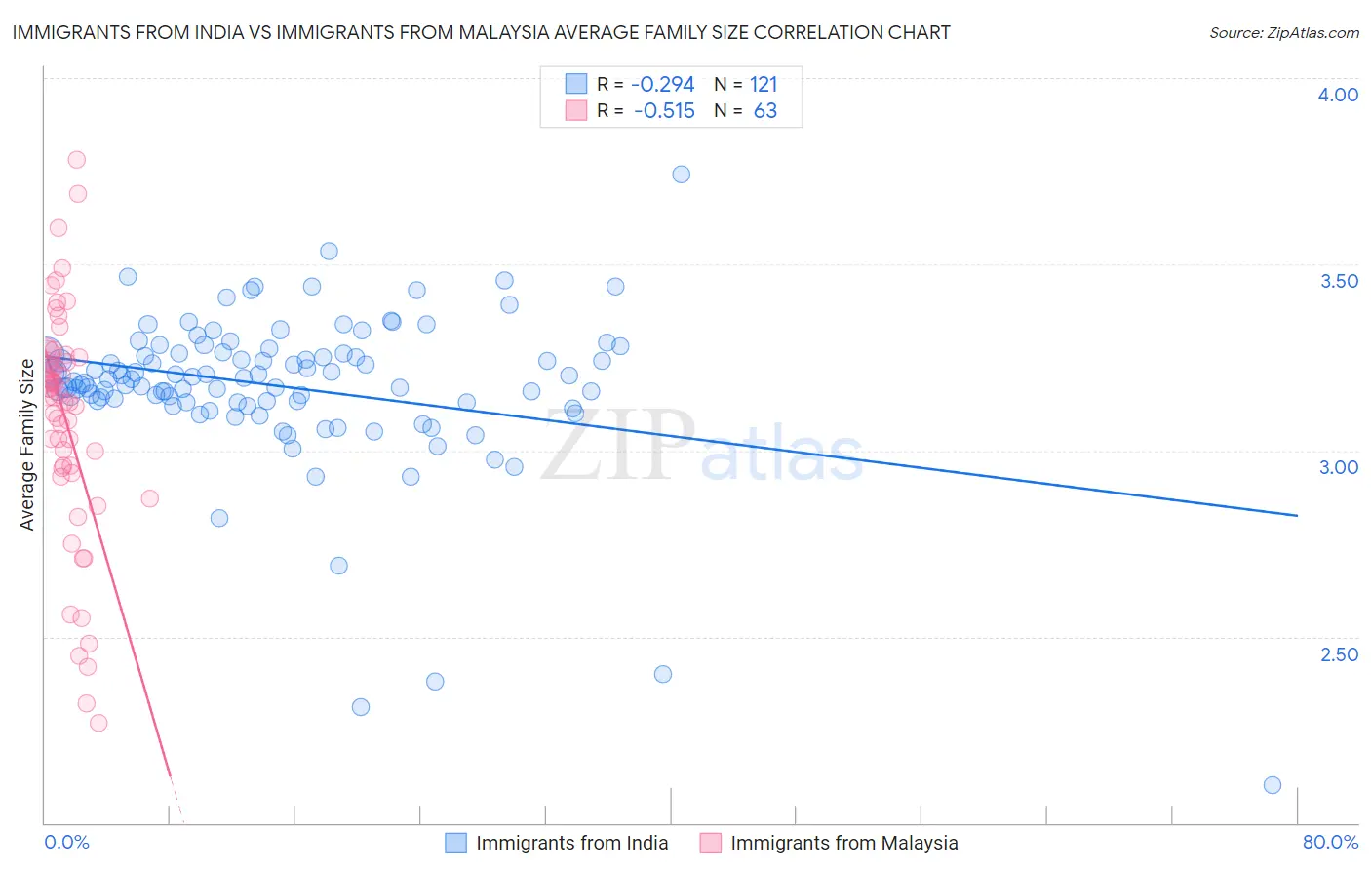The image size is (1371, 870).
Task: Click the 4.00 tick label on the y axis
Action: pyautogui.click(x=1338, y=95)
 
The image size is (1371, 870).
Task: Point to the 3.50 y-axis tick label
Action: pyautogui.click(x=1338, y=281)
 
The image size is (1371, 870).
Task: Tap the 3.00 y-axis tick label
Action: pyautogui.click(x=1338, y=467)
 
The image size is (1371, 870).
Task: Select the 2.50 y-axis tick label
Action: pyautogui.click(x=1338, y=654)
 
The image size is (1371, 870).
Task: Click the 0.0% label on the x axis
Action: pyautogui.click(x=66, y=842)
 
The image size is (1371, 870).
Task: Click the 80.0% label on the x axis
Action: pyautogui.click(x=1330, y=842)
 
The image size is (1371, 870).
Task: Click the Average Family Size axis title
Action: pyautogui.click(x=27, y=445)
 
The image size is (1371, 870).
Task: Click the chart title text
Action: pyautogui.click(x=481, y=32)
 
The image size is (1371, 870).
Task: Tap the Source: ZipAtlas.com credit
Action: pyautogui.click(x=1283, y=32)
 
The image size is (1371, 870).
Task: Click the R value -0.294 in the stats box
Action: pyautogui.click(x=663, y=85)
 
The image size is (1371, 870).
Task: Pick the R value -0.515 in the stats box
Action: pyautogui.click(x=663, y=111)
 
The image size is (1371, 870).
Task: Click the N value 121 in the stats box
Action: pyautogui.click(x=764, y=85)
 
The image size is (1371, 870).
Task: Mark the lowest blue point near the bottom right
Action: pyautogui.click(x=1272, y=785)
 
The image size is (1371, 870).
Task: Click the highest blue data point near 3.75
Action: pyautogui.click(x=681, y=175)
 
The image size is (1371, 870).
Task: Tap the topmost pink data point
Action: pyautogui.click(x=76, y=160)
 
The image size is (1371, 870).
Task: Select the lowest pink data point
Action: pyautogui.click(x=98, y=723)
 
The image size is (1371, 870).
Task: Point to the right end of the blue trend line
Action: pyautogui.click(x=1297, y=515)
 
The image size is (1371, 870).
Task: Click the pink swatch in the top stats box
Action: pyautogui.click(x=576, y=110)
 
